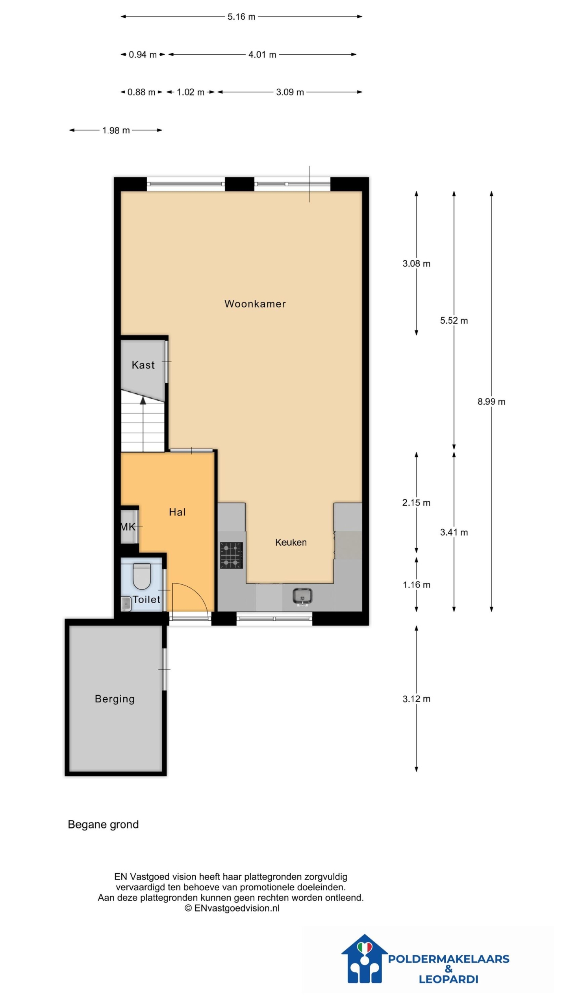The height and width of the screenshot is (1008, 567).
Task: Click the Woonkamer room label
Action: [x=255, y=304]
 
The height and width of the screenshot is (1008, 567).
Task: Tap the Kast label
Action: [x=143, y=365]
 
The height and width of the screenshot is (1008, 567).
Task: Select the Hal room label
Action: [x=177, y=512]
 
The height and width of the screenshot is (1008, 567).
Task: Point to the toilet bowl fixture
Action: [x=142, y=576]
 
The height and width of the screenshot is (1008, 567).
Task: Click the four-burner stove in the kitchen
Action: [x=231, y=555]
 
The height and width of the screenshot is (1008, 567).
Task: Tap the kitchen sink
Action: [x=302, y=596]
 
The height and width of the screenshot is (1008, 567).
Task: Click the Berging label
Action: [x=115, y=699]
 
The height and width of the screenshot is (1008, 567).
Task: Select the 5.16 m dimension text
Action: [x=241, y=17]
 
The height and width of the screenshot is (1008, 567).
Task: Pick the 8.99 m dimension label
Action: [x=491, y=402]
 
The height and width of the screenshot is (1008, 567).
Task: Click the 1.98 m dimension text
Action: [x=116, y=130]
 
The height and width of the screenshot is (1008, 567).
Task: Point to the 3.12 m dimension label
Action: [x=416, y=699]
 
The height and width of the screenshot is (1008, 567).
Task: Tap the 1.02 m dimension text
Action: [x=190, y=92]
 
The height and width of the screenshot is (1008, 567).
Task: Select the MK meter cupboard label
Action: [x=128, y=526]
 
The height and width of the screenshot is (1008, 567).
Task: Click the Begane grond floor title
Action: [x=103, y=825]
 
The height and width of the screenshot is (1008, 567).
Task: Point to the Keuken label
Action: [x=291, y=542]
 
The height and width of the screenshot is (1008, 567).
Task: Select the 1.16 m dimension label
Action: [x=416, y=585]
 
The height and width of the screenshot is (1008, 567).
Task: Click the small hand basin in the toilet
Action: [x=126, y=603]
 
